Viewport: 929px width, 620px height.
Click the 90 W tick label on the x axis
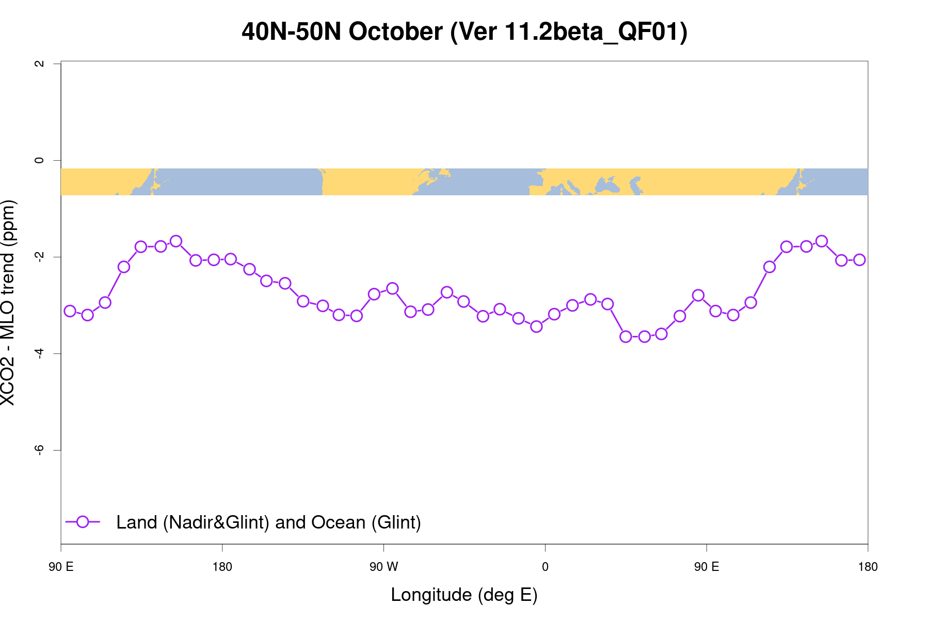383,567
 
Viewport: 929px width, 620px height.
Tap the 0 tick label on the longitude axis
545,567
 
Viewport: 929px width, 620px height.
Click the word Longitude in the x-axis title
431,595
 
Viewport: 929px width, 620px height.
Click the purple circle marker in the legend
83,522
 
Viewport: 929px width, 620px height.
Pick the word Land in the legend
137,522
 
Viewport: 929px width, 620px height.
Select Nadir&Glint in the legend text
216,522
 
